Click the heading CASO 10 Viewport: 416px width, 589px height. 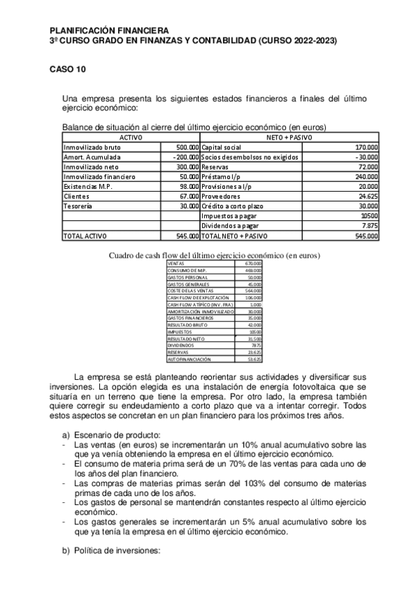point(67,69)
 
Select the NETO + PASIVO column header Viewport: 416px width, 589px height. point(290,138)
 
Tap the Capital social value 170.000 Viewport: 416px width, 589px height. point(366,148)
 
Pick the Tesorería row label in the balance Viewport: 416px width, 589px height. point(80,207)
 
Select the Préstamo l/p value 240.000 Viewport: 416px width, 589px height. point(366,177)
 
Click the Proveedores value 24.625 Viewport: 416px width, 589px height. point(368,197)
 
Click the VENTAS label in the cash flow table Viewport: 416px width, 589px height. point(177,263)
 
